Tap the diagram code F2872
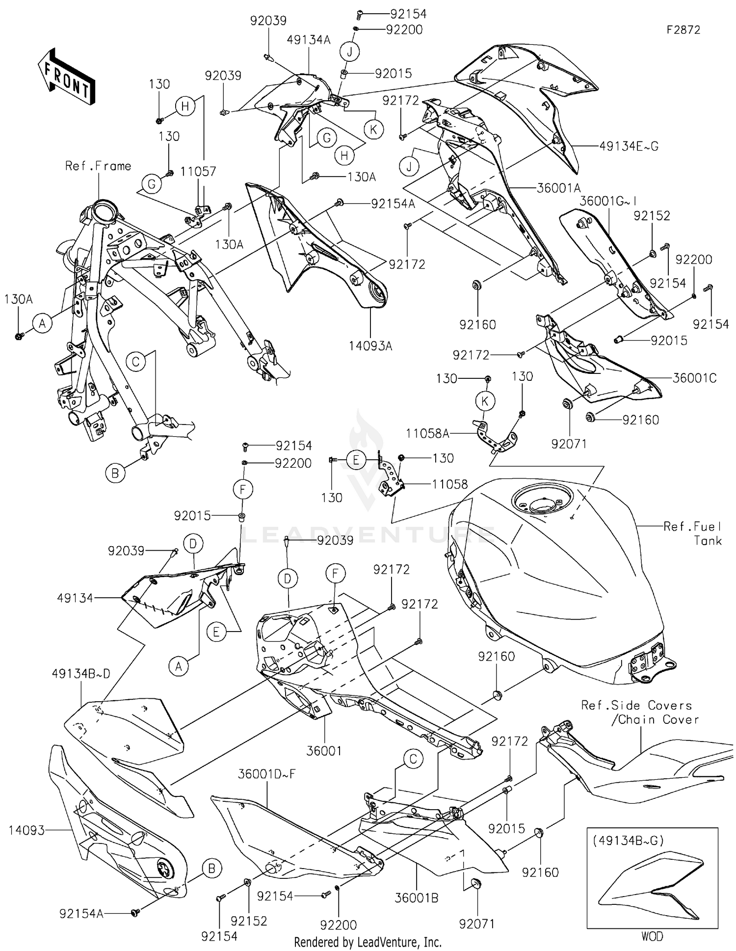pyautogui.click(x=683, y=30)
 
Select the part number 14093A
pyautogui.click(x=370, y=346)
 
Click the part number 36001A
pyautogui.click(x=559, y=188)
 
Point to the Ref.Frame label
pyautogui.click(x=98, y=166)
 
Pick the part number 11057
pyautogui.click(x=198, y=171)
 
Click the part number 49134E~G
pyautogui.click(x=629, y=146)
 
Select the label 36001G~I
pyautogui.click(x=609, y=201)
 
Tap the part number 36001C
pyautogui.click(x=694, y=378)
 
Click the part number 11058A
pyautogui.click(x=427, y=433)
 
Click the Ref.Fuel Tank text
pyautogui.click(x=692, y=533)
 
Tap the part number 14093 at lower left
pyautogui.click(x=26, y=830)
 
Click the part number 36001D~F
pyautogui.click(x=267, y=774)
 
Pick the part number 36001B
pyautogui.click(x=417, y=898)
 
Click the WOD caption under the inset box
pyautogui.click(x=652, y=936)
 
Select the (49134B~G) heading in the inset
pyautogui.click(x=628, y=840)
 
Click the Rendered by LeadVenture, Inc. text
pyautogui.click(x=368, y=942)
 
